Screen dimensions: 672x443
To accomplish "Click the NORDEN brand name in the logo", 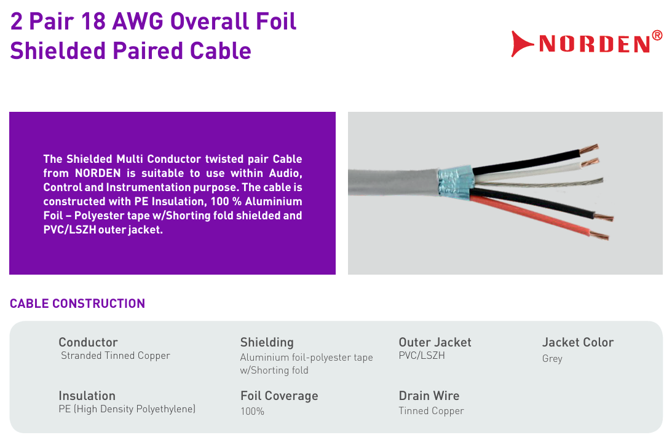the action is point(595,44).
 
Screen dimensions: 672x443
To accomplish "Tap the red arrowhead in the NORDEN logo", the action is point(521,44).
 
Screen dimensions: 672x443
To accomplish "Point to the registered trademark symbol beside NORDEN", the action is point(657,35).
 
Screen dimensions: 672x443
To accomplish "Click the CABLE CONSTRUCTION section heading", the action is point(77,304).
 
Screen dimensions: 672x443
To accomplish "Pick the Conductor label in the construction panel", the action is point(88,342).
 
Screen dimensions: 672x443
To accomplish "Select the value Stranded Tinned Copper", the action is point(116,356).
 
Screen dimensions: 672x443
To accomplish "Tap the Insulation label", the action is point(87,396).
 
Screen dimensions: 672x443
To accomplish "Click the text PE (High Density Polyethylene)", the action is point(127,409).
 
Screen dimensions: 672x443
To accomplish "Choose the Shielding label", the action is point(267,342).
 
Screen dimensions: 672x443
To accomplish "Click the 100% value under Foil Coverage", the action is point(252,411).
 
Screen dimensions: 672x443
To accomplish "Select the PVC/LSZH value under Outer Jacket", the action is point(422,356).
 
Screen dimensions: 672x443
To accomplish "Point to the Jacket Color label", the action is point(578,342).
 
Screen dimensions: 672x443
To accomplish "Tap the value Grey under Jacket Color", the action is point(552,359).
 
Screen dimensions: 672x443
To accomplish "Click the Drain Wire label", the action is point(429,396).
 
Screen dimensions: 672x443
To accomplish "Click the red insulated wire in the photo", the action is point(531,217).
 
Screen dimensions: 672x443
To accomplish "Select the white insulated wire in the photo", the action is point(527,172).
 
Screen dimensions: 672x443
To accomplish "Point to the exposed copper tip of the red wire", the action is point(599,235).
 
